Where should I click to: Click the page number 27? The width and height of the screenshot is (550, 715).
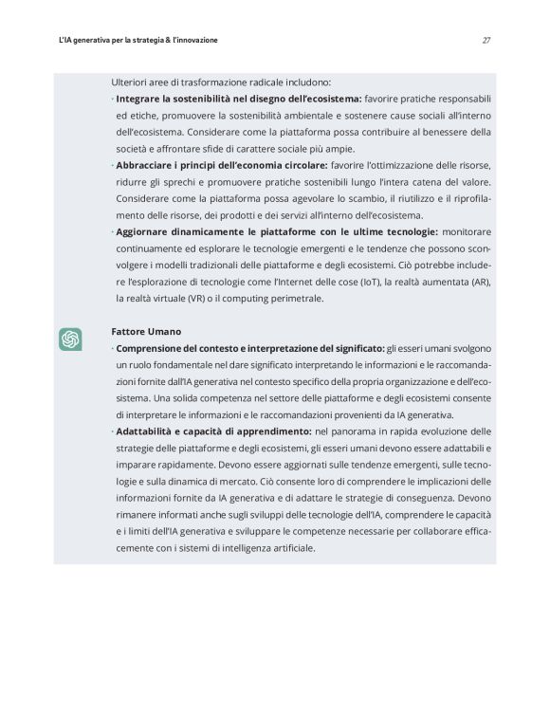pos(486,41)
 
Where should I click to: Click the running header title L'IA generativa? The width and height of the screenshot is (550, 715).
pos(137,41)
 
